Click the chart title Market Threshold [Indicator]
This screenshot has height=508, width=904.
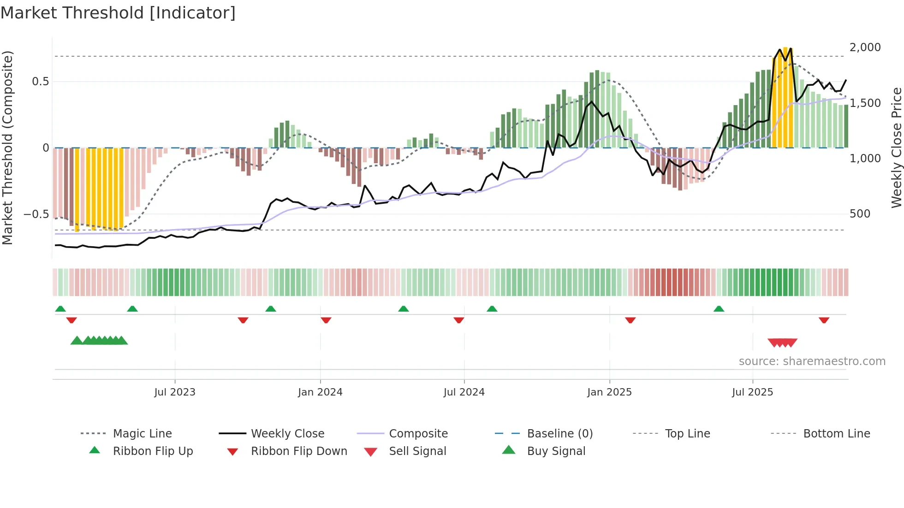tap(118, 13)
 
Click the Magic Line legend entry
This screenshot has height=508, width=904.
tap(142, 434)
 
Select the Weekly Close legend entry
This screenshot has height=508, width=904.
tap(287, 434)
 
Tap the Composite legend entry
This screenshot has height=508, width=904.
tap(418, 434)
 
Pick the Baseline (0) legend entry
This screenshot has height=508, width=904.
tap(559, 434)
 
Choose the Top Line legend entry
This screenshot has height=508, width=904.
tap(687, 434)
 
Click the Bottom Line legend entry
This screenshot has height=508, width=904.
tap(836, 434)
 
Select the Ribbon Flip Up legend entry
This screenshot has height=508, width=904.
tap(153, 451)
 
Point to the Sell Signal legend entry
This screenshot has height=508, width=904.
tap(417, 451)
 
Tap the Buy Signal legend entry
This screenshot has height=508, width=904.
tap(556, 451)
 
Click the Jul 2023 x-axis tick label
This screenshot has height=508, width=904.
tap(175, 392)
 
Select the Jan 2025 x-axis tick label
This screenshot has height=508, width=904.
tap(609, 392)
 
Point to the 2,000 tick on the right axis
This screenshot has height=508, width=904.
tap(865, 47)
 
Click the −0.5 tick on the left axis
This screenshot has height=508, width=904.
tap(36, 214)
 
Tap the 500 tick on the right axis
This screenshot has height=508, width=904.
tap(860, 214)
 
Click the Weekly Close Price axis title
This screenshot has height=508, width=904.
tap(896, 148)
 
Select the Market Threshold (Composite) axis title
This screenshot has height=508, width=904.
tap(7, 148)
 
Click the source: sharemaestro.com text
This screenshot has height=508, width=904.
tap(812, 361)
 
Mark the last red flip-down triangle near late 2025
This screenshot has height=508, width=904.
tap(824, 320)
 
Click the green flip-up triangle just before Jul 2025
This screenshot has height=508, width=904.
tap(719, 309)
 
